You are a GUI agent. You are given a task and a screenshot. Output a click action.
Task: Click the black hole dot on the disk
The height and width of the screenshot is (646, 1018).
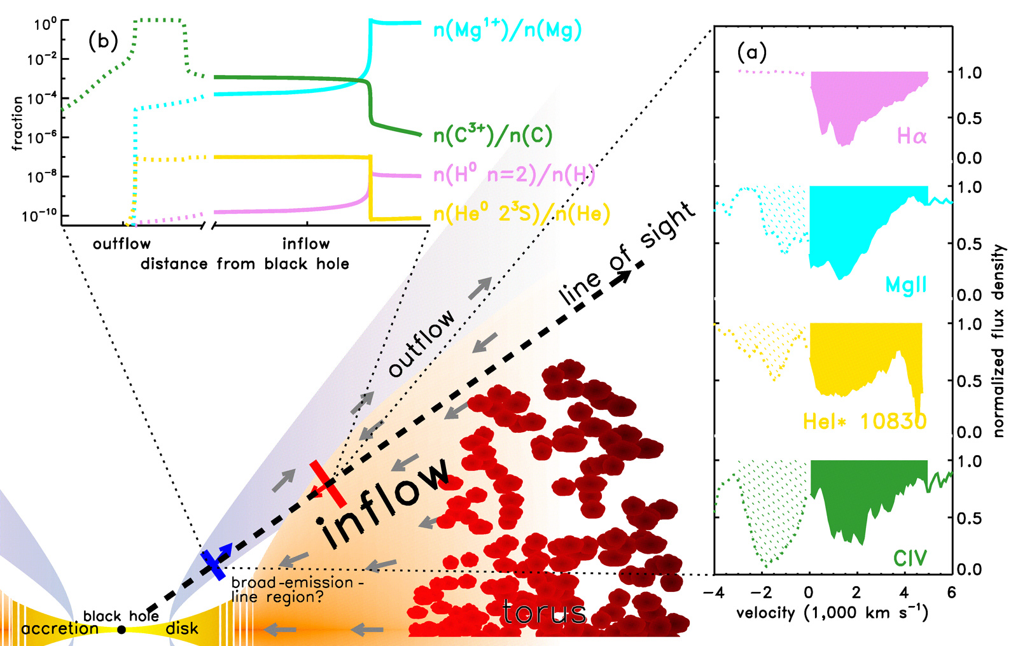click(122, 629)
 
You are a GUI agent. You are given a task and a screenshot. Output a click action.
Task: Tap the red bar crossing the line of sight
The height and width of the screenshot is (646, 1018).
click(328, 484)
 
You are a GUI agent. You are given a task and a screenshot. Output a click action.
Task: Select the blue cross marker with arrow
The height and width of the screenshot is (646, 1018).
click(214, 564)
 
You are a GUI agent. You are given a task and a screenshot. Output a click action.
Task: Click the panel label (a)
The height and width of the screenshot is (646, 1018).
click(751, 52)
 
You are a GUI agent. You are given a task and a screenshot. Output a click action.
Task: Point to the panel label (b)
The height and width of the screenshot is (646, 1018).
click(103, 41)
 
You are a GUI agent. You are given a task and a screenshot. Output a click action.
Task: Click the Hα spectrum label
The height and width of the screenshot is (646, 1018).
click(911, 136)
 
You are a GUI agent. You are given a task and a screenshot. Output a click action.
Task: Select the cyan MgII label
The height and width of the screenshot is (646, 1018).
click(906, 285)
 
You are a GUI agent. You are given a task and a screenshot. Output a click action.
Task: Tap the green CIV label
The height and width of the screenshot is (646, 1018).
click(910, 558)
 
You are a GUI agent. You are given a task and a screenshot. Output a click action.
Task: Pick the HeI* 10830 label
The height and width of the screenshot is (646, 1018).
click(864, 421)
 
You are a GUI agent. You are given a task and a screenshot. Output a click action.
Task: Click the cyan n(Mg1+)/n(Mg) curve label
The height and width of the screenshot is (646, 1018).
click(507, 30)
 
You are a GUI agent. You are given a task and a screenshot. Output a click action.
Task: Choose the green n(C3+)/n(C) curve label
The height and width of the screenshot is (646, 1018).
click(492, 134)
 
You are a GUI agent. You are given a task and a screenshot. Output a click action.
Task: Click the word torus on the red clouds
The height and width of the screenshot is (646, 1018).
click(544, 612)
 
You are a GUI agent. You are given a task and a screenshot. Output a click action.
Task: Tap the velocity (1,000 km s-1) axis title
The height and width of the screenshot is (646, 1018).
click(832, 614)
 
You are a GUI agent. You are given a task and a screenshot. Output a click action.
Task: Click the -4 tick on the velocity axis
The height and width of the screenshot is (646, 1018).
click(714, 593)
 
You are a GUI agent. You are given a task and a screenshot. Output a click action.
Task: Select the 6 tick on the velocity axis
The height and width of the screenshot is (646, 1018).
click(952, 593)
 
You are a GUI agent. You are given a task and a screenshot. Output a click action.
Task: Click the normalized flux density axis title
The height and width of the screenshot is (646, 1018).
click(999, 341)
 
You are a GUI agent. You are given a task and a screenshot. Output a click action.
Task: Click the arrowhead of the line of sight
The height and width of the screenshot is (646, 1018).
click(625, 276)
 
